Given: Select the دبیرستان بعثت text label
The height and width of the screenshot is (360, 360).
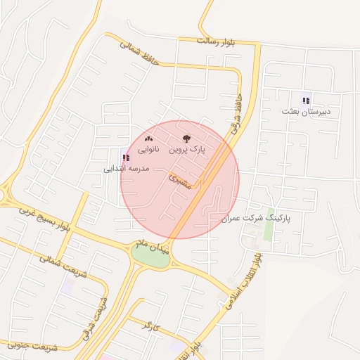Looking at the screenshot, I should [306, 112].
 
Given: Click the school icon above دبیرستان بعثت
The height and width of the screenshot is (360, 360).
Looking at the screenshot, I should [306, 99].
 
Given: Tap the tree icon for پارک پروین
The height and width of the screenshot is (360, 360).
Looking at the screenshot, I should [186, 139].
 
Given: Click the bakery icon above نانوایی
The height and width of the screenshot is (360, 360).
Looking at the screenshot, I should [148, 139].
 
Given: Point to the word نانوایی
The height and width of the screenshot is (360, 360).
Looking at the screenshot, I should [148, 150].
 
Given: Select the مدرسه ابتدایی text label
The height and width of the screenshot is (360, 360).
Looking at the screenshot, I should [127, 169].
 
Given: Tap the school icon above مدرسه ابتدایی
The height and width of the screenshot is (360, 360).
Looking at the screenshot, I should [126, 157].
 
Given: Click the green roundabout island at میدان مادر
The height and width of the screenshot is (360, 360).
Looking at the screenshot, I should [151, 257].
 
